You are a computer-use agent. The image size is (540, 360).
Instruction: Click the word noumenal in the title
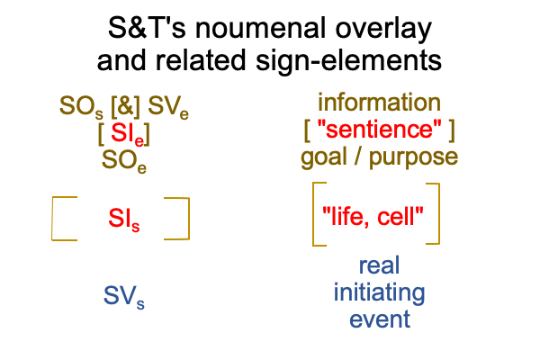pyautogui.click(x=261, y=28)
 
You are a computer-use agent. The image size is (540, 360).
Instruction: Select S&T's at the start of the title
pyautogui.click(x=147, y=28)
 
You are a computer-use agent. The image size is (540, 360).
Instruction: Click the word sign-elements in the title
pyautogui.click(x=348, y=61)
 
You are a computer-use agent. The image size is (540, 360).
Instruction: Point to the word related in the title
pyautogui.click(x=201, y=60)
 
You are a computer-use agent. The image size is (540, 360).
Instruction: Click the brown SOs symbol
pyautogui.click(x=81, y=107)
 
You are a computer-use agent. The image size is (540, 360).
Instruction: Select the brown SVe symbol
pyautogui.click(x=168, y=107)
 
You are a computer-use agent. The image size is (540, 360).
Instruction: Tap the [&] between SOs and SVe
pyautogui.click(x=125, y=106)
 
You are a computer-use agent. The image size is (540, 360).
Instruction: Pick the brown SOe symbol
pyautogui.click(x=124, y=161)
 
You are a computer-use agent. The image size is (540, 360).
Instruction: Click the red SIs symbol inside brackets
pyautogui.click(x=124, y=219)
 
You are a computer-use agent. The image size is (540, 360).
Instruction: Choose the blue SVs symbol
pyautogui.click(x=124, y=297)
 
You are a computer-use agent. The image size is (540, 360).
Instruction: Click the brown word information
pyautogui.click(x=379, y=103)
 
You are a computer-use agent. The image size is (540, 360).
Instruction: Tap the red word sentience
pyautogui.click(x=379, y=130)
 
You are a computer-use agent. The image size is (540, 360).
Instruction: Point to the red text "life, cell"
pyautogui.click(x=373, y=217)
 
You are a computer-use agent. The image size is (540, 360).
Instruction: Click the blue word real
pyautogui.click(x=379, y=265)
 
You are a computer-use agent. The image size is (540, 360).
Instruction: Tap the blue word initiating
pyautogui.click(x=379, y=293)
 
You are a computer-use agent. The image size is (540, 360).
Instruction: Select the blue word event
pyautogui.click(x=380, y=319)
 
